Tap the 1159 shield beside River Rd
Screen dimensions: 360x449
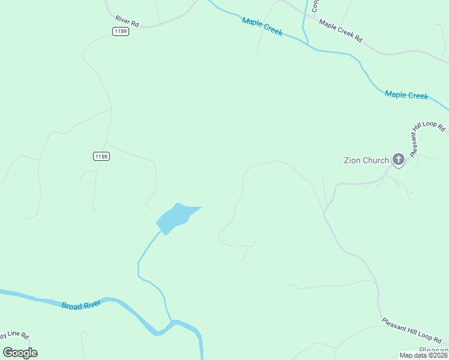(120, 31)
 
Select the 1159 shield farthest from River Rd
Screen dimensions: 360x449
(101, 157)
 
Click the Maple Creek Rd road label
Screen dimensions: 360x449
(340, 31)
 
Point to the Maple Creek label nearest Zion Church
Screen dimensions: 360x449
(406, 95)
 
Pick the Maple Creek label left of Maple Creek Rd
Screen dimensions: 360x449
(262, 26)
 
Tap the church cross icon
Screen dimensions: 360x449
(398, 160)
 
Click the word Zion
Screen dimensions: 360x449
(352, 160)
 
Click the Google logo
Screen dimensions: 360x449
(20, 352)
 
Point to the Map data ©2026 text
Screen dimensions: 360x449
(423, 355)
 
